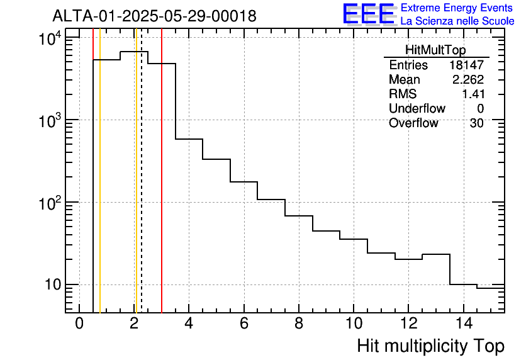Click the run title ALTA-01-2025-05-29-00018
pos(154,16)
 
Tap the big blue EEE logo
pos(369,14)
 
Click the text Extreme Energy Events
pos(457,8)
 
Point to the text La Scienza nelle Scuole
pos(457,21)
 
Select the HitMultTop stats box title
pos(436,52)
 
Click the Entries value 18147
pos(466,65)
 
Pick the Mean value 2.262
pos(468,80)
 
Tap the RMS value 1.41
pos(473,94)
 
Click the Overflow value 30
pos(476,123)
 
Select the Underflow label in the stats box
pos(417,108)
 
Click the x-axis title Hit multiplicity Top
pos(430,346)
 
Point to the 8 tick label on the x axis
pos(298,323)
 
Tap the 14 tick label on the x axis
pos(462,323)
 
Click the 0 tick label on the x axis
pos(79,323)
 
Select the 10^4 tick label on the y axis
pos(49,40)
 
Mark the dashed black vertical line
pos(142,189)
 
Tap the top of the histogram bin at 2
pos(134,52)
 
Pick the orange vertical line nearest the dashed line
pos(135,189)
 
